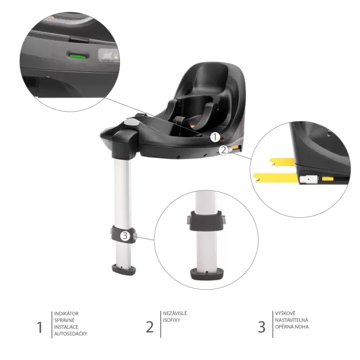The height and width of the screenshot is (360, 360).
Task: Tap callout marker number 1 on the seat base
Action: (214, 137)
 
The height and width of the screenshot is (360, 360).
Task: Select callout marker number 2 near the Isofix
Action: (223, 150)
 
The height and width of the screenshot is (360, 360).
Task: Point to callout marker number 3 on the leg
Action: (125, 236)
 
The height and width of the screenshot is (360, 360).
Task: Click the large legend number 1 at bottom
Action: (40, 327)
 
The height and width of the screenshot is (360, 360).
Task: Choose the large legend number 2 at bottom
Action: (149, 327)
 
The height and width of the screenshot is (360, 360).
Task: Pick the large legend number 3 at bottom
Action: (261, 327)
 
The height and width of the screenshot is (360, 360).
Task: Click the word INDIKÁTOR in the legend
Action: (67, 313)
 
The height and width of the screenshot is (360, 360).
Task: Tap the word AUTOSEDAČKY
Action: (71, 333)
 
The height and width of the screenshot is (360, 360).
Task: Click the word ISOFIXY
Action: (172, 320)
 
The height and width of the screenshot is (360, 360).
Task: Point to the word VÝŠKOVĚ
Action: (285, 313)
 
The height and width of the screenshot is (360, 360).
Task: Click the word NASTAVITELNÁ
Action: (292, 320)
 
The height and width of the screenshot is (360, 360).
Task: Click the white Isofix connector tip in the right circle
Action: (311, 178)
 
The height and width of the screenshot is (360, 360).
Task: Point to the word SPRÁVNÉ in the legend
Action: (64, 320)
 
